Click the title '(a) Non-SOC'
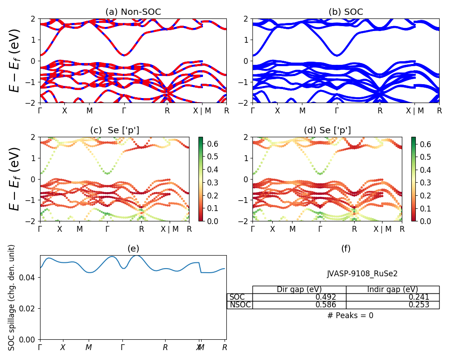pos(133,12)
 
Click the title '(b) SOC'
pos(346,12)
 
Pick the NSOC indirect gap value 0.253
pos(419,305)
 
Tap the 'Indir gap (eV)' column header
pos(392,289)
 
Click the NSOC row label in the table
pos(240,305)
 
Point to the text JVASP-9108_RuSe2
pos(362,273)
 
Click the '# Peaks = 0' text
pos(350,315)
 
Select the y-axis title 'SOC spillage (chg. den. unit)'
pos(12,297)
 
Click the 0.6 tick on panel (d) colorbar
pos(426,144)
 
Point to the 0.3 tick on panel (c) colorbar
pos(213,183)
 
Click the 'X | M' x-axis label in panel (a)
pos(202,111)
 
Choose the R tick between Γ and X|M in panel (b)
pos(380,111)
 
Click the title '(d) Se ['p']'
pos(327,130)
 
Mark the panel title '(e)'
pos(133,248)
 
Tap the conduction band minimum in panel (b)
pos(337,55)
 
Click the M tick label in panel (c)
pos(80,229)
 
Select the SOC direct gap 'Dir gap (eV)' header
pos(299,289)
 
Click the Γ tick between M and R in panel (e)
pos(122,347)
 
